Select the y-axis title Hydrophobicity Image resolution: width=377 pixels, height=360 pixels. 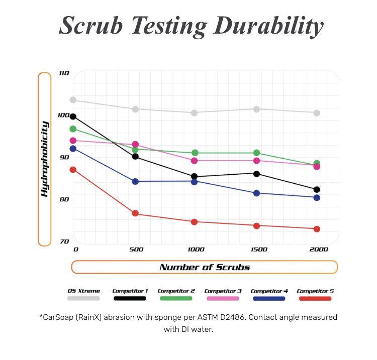click(45, 159)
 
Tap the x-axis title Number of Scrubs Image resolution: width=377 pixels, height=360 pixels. click(205, 267)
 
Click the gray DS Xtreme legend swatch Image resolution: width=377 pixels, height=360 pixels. click(83, 298)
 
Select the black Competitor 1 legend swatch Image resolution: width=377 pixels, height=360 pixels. click(130, 298)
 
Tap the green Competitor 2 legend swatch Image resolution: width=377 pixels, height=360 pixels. click(176, 298)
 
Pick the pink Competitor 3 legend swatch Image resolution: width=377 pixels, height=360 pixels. click(223, 298)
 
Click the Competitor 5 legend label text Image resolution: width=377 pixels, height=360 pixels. click(315, 291)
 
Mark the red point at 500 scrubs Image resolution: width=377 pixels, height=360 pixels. click(135, 213)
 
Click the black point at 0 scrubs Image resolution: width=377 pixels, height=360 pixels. click(73, 116)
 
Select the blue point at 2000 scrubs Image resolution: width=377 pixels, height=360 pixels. click(317, 197)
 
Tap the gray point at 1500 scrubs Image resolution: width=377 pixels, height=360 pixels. click(256, 109)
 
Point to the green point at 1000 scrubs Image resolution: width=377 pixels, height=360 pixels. click(195, 153)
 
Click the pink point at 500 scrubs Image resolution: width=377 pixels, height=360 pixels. click(135, 145)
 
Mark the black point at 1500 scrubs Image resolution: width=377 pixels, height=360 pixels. click(256, 174)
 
